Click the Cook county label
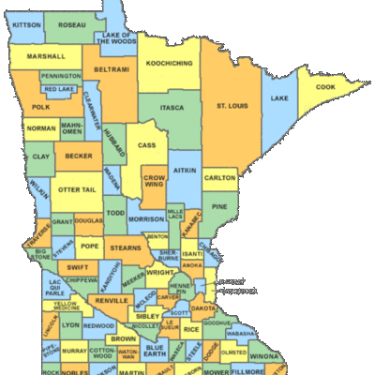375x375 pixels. pos(324,87)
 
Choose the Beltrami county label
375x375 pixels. pos(112,69)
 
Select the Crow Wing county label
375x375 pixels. pos(154,182)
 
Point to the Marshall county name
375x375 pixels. pos(46,57)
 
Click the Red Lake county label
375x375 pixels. pos(59,89)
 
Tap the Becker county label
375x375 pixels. pos(79,157)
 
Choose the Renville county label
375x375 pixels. pos(111,301)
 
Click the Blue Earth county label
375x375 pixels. pos(154,352)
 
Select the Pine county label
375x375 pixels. pos(219,206)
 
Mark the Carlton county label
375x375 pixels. pos(220,177)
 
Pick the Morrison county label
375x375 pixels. pos(146,219)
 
